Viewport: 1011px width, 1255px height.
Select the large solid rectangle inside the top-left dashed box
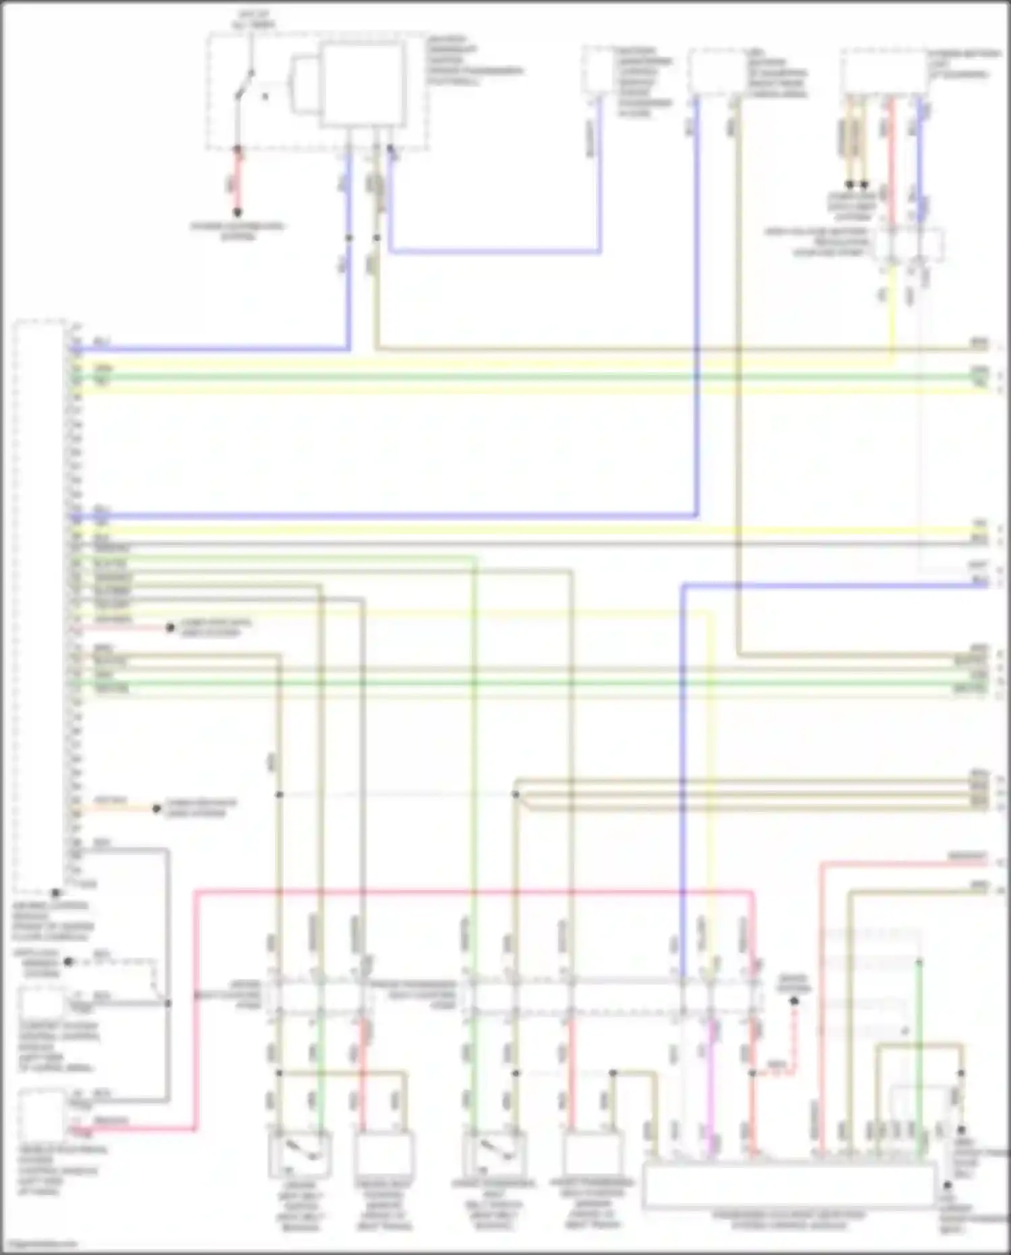(363, 85)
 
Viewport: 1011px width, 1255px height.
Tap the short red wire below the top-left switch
(237, 179)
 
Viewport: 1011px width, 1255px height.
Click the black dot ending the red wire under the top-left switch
(237, 212)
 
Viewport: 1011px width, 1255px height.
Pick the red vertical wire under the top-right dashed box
(891, 162)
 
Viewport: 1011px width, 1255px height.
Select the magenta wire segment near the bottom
(710, 1079)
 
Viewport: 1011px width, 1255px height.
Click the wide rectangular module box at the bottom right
(789, 1185)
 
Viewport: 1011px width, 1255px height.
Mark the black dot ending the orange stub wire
(156, 809)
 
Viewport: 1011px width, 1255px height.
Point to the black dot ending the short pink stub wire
(171, 628)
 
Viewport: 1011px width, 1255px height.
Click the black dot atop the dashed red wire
(794, 1001)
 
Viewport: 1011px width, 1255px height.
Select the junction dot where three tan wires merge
(516, 795)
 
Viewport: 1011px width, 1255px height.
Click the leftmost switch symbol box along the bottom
(299, 1154)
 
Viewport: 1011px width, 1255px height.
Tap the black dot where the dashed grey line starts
(68, 962)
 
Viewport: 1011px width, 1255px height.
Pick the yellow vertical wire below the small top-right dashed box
(893, 317)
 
